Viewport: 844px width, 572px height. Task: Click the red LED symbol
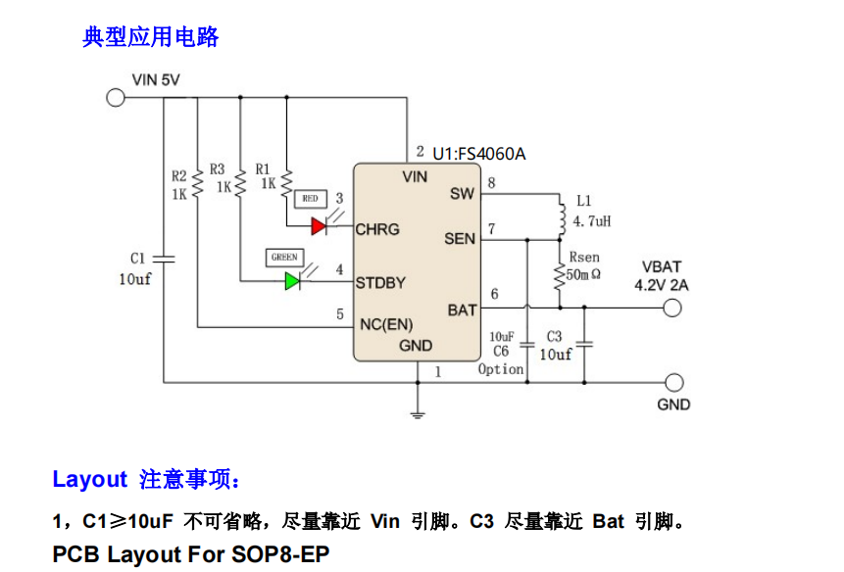pos(319,226)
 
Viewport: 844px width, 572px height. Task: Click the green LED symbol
pos(292,281)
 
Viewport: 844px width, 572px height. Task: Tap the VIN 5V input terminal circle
pos(115,97)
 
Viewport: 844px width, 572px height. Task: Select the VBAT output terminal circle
pos(671,309)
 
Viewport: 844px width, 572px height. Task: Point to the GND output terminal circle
pos(673,382)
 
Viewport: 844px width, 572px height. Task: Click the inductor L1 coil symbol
pos(562,217)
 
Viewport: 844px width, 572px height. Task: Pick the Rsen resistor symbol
pos(560,276)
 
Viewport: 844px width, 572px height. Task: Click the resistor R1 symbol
pos(285,180)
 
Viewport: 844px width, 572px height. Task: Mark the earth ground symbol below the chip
pos(419,413)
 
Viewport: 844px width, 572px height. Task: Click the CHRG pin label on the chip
pos(377,229)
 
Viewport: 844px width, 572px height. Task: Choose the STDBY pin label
pos(380,283)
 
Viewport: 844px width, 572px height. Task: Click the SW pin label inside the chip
pos(462,194)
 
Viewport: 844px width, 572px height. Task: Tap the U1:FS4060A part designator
pos(479,154)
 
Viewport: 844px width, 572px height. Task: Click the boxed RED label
pos(310,199)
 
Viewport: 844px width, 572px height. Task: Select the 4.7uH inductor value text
pos(592,222)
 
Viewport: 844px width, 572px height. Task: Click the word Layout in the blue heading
pos(89,480)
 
